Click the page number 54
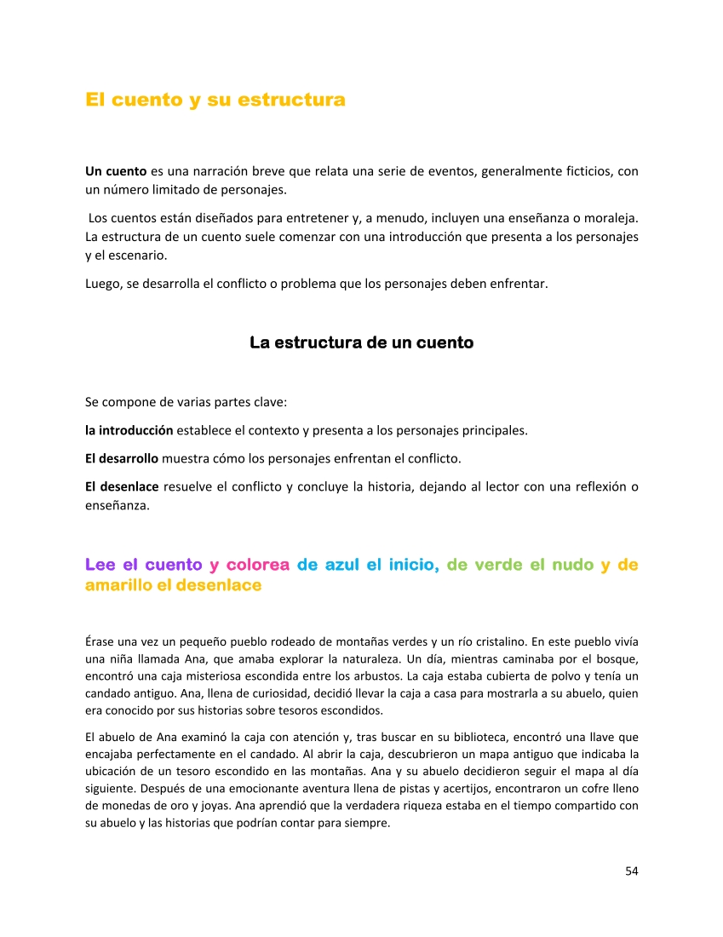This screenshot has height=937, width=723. (x=631, y=871)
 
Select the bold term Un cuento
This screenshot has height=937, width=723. (x=116, y=171)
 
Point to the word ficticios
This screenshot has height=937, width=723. (x=590, y=171)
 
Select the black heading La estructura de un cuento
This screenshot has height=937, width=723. (x=361, y=342)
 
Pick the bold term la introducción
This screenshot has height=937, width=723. (x=129, y=430)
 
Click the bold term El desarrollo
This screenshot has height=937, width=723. (x=122, y=459)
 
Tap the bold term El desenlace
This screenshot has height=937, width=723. (x=122, y=487)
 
